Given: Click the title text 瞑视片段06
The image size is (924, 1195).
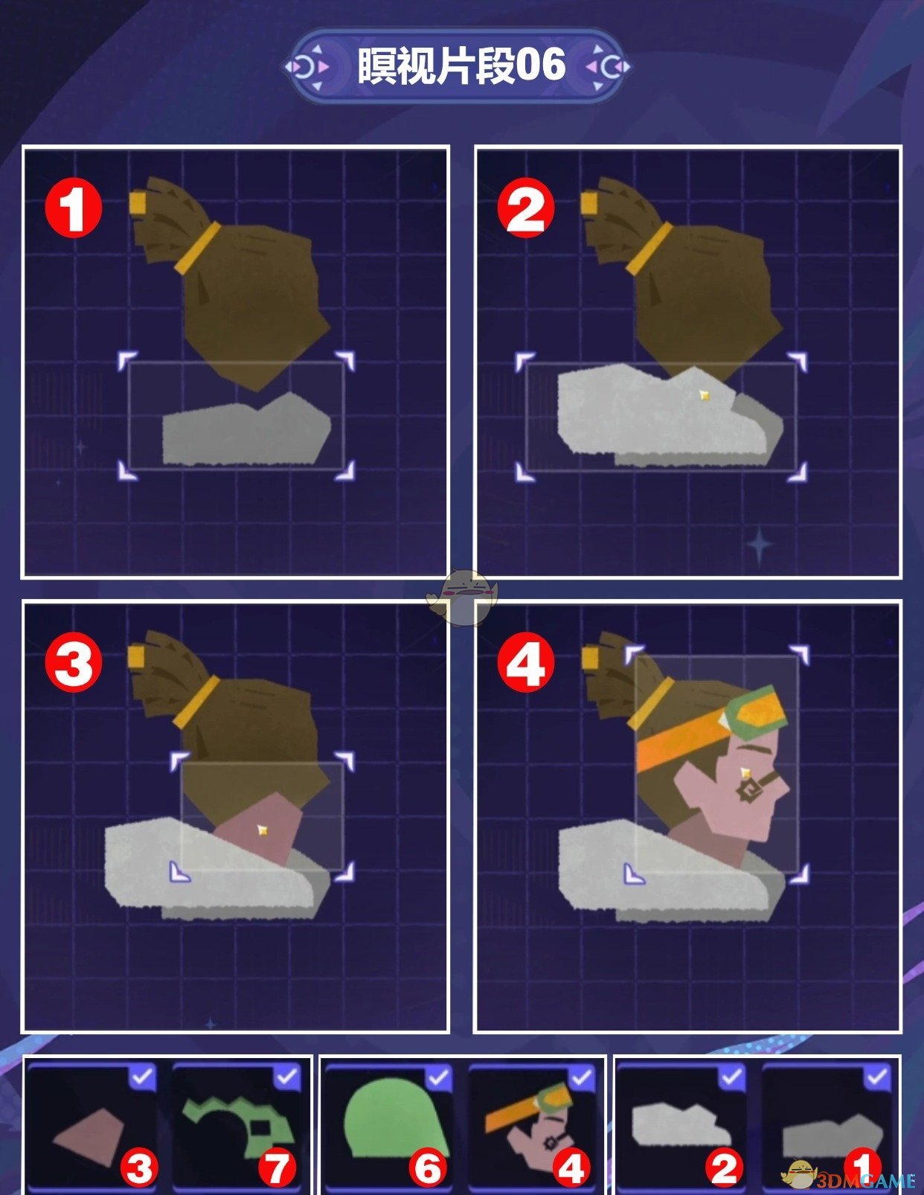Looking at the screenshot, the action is click(461, 66).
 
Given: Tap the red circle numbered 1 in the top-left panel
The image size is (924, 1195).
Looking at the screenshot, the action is click(74, 209).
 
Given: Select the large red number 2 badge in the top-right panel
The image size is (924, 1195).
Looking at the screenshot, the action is click(525, 208).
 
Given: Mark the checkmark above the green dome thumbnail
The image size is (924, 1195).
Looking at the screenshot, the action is click(438, 1077).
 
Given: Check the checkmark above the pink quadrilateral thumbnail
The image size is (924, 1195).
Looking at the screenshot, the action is click(142, 1077).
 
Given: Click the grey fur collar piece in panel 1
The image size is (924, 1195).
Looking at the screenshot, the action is click(247, 429).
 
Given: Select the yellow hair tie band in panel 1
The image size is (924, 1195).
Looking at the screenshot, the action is click(198, 248).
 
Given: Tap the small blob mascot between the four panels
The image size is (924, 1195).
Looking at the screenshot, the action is click(462, 598).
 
